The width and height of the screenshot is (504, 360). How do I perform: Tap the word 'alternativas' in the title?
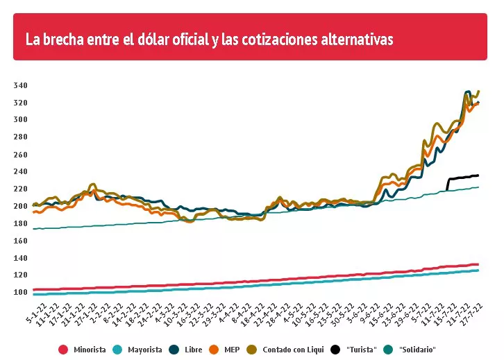click(x=355, y=40)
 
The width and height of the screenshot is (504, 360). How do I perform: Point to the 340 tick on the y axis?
click(x=20, y=86)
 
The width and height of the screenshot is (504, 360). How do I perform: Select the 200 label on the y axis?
click(x=20, y=207)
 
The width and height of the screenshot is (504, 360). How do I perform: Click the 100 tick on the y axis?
click(x=20, y=293)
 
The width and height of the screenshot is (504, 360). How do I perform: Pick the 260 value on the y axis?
click(x=20, y=155)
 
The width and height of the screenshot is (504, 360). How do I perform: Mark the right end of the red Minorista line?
click(x=478, y=264)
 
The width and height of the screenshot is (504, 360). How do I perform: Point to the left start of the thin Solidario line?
click(x=33, y=229)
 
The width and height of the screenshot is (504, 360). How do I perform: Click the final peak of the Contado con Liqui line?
click(x=479, y=91)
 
